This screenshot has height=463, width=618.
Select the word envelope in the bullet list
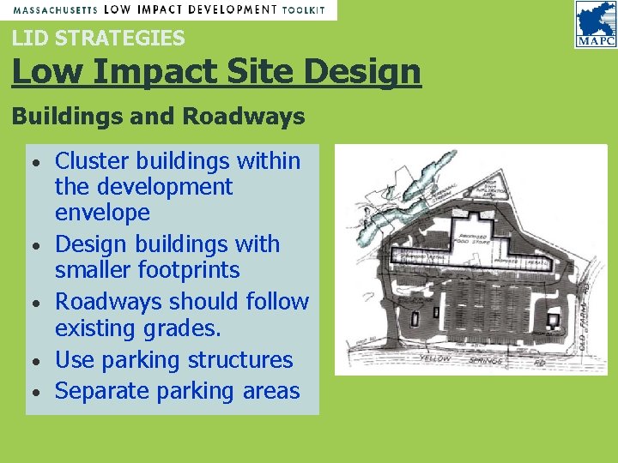[102, 212]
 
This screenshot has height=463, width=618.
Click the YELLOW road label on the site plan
[435, 358]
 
